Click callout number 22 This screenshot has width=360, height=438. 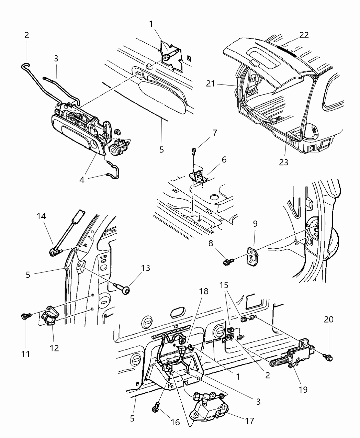coord(304,35)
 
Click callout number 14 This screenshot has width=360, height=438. coord(42,216)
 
